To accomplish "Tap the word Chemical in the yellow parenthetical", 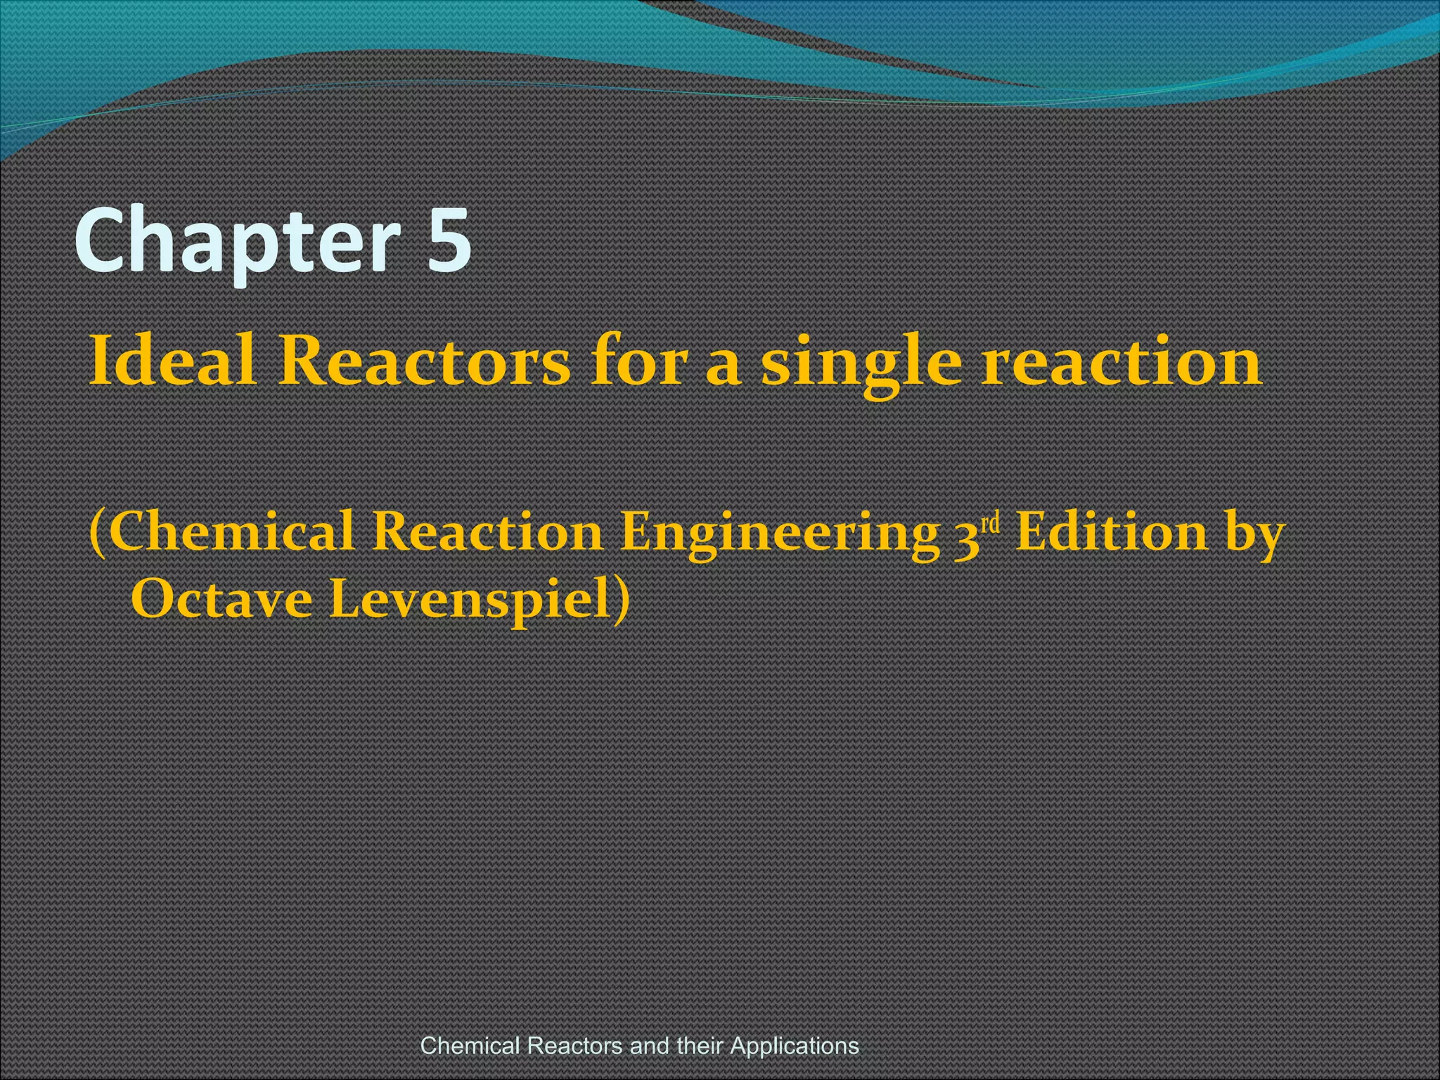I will (x=232, y=532).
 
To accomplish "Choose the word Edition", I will (x=1112, y=532).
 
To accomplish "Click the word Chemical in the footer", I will (x=470, y=1046).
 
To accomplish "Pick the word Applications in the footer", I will (x=795, y=1046).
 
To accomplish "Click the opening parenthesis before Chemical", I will (x=98, y=534).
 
